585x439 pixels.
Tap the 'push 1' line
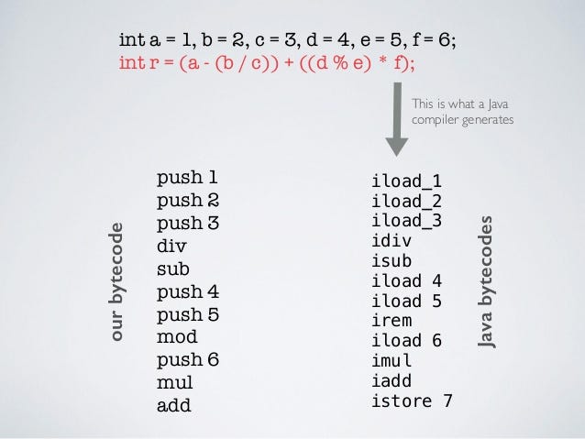click(x=187, y=177)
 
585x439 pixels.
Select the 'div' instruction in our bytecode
click(x=171, y=246)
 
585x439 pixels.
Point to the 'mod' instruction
click(x=177, y=336)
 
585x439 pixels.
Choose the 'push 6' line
click(x=187, y=359)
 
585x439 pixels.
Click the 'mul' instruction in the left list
click(x=174, y=382)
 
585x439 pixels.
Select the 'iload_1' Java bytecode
click(x=406, y=181)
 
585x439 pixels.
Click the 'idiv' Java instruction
click(x=392, y=241)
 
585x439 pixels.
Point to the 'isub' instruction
click(x=392, y=261)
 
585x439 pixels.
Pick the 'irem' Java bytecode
click(x=392, y=321)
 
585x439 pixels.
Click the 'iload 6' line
click(x=406, y=341)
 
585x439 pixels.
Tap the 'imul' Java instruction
click(x=392, y=361)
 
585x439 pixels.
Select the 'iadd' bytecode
click(x=392, y=381)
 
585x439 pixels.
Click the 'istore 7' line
click(x=411, y=401)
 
